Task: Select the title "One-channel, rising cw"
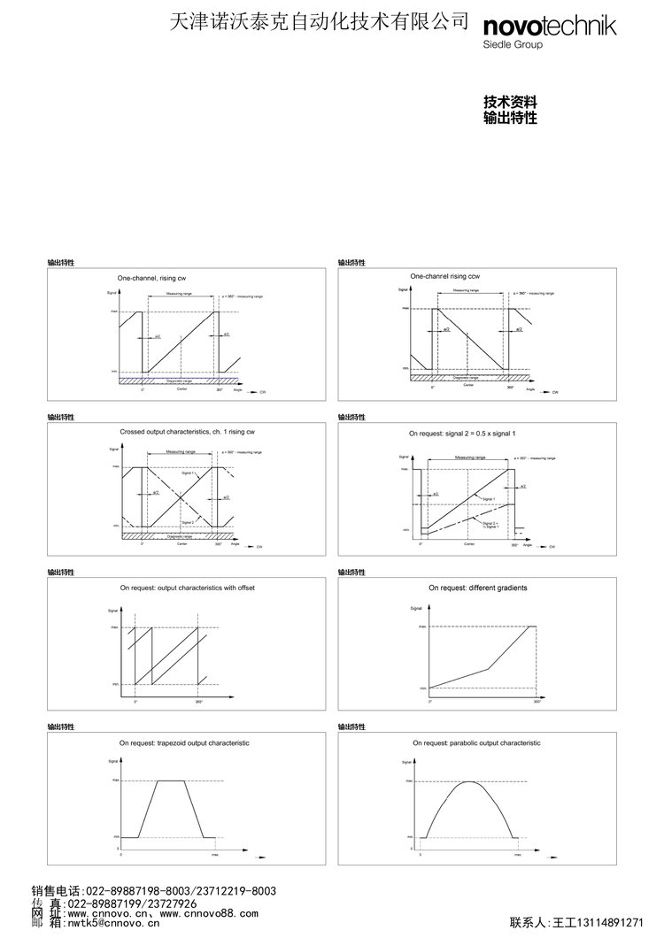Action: click(x=152, y=278)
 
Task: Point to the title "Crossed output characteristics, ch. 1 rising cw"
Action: click(x=188, y=431)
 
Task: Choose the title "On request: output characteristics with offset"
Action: click(x=187, y=587)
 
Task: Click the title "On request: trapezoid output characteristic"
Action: click(x=184, y=742)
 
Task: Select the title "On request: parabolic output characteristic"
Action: click(x=476, y=742)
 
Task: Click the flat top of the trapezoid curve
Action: click(x=170, y=780)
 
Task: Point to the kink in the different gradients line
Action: click(x=487, y=667)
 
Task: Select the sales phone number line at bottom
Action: click(x=154, y=891)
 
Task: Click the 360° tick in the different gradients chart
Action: click(x=537, y=701)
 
